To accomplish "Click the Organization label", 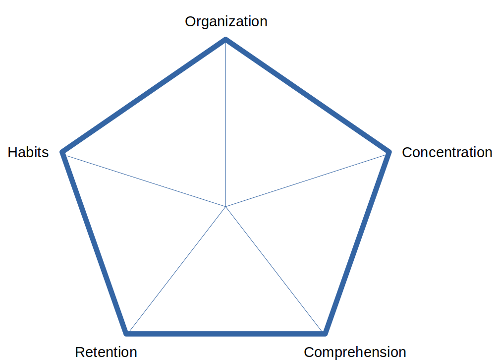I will click(x=226, y=22).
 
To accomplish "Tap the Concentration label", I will click(x=447, y=152).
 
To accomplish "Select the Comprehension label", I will click(x=355, y=352).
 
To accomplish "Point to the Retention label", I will click(x=106, y=352).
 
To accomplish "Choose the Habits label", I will click(x=28, y=152).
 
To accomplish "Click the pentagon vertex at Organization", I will click(x=226, y=39).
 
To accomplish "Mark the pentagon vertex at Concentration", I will click(x=389, y=152).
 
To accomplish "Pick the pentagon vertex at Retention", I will click(x=126, y=333).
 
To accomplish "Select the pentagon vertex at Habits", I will click(x=62, y=152).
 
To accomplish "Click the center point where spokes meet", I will click(x=225, y=206).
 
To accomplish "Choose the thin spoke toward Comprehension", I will click(x=275, y=270).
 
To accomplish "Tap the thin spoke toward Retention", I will click(x=176, y=270).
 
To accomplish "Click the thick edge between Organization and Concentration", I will click(x=307, y=96).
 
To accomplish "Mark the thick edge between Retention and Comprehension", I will click(x=225, y=333).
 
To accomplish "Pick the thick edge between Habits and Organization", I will click(x=144, y=96).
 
